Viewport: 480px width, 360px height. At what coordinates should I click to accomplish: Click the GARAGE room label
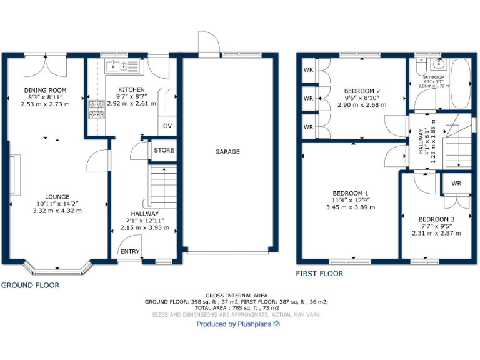pyautogui.click(x=227, y=151)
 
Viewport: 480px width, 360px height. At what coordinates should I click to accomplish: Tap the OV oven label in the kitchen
pyautogui.click(x=167, y=126)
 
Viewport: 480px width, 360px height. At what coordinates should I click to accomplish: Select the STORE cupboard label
pyautogui.click(x=164, y=150)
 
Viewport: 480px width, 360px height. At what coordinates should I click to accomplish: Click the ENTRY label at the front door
pyautogui.click(x=131, y=252)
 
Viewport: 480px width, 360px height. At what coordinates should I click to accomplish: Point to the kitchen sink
pyautogui.click(x=116, y=64)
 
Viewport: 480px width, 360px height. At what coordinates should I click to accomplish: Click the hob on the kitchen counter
pyautogui.click(x=97, y=110)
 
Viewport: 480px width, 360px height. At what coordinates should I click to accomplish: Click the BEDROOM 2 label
pyautogui.click(x=362, y=91)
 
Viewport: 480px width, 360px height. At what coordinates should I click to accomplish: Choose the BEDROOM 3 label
pyautogui.click(x=436, y=219)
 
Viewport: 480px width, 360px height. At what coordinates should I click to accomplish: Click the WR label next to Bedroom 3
pyautogui.click(x=456, y=183)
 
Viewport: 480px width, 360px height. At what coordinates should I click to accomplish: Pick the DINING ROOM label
pyautogui.click(x=45, y=90)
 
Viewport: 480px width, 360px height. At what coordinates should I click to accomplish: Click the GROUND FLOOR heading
pyautogui.click(x=30, y=285)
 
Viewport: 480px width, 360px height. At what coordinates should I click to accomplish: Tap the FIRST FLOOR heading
pyautogui.click(x=319, y=274)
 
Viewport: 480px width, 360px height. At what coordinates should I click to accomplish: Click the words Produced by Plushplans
pyautogui.click(x=234, y=324)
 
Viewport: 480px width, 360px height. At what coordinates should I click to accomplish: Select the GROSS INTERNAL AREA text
pyautogui.click(x=237, y=295)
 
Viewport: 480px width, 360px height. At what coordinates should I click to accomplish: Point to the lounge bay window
pyautogui.click(x=57, y=269)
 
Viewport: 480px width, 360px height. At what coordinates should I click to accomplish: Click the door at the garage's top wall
pyautogui.click(x=209, y=44)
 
